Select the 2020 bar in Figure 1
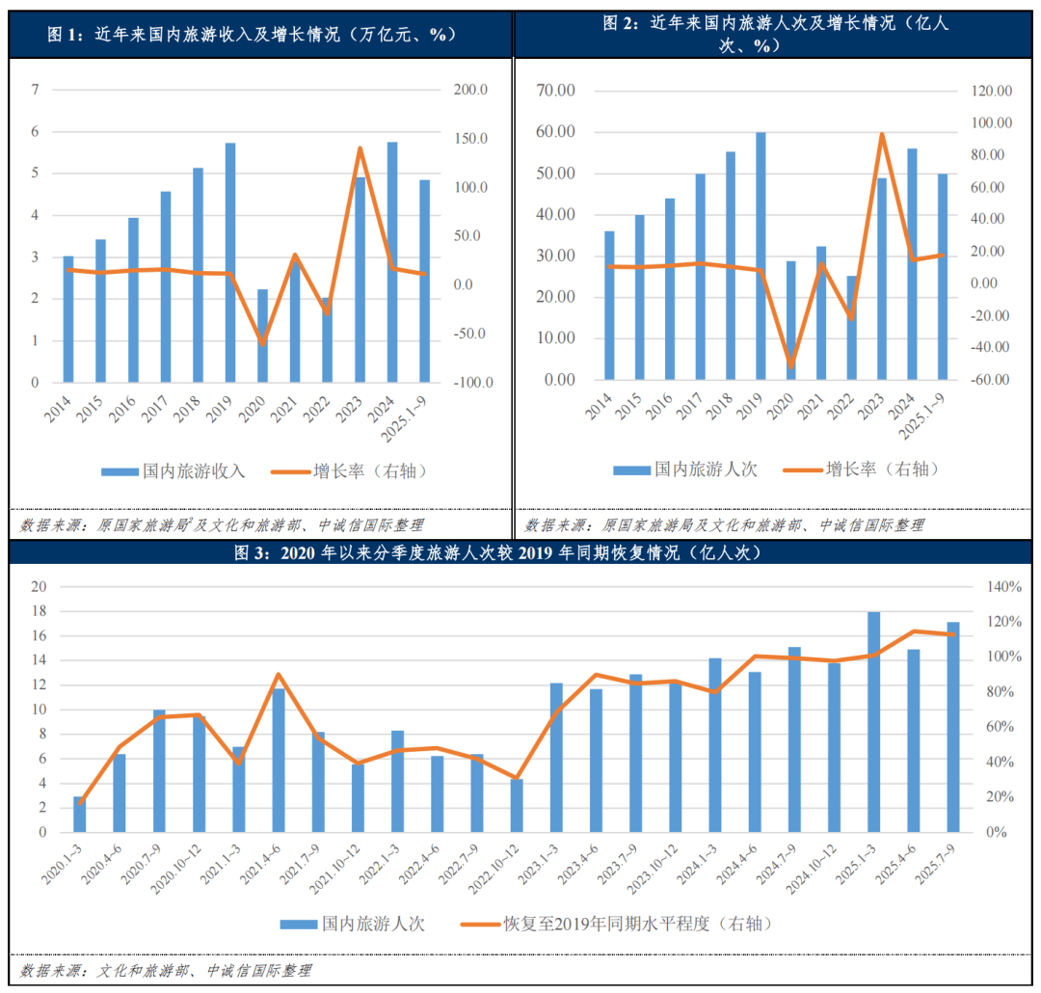tap(262, 335)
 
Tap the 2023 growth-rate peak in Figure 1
tap(360, 148)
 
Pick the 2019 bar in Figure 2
tap(761, 255)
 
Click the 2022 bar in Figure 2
tap(851, 328)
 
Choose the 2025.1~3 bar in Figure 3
tap(874, 722)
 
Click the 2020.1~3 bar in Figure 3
tap(80, 814)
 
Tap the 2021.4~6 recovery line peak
tap(279, 675)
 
